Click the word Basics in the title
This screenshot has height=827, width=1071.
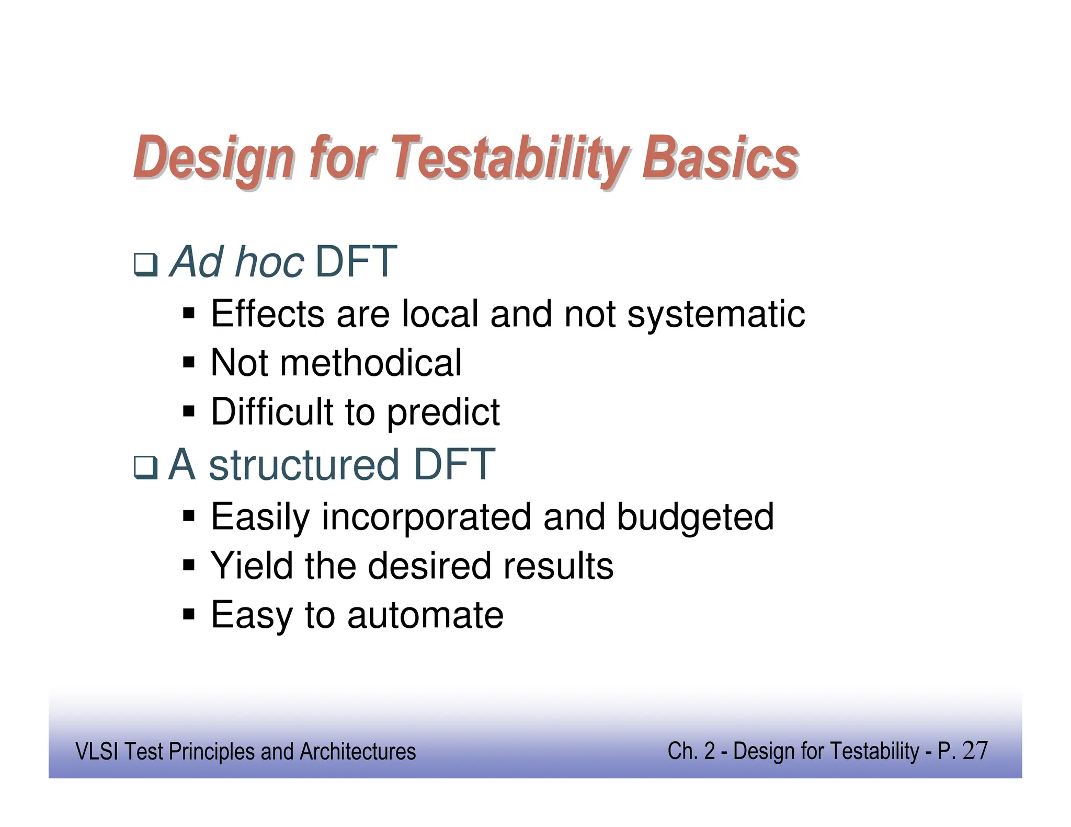click(x=720, y=158)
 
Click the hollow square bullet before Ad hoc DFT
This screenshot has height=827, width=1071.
click(x=145, y=265)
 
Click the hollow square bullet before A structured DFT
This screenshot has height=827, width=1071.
click(x=145, y=467)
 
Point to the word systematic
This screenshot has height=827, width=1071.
click(x=716, y=315)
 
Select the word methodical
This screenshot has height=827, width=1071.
click(x=371, y=363)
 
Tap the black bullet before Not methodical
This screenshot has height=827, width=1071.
click(x=189, y=362)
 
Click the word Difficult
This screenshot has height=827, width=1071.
click(x=272, y=412)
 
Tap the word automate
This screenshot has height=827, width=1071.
click(x=425, y=615)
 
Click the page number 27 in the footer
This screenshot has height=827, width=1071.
click(x=975, y=751)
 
